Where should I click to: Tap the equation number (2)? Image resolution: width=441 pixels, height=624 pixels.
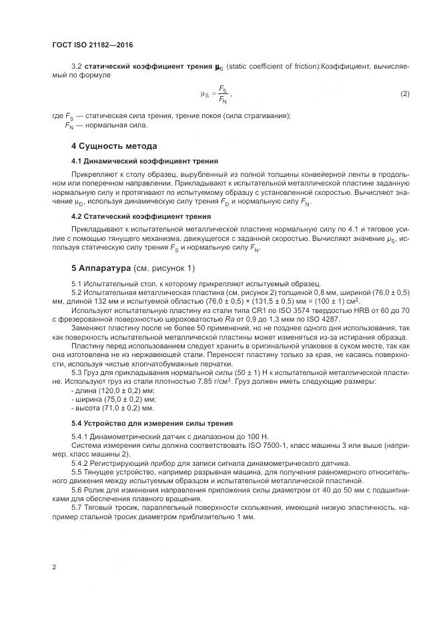pyautogui.click(x=404, y=93)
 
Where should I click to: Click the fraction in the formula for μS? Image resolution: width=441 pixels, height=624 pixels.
pyautogui.click(x=222, y=94)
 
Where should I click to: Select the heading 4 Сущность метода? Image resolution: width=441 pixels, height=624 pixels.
pyautogui.click(x=114, y=145)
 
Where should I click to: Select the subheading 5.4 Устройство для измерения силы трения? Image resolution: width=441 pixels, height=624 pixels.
pyautogui.click(x=152, y=422)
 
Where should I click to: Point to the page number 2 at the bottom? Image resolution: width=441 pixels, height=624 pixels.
pyautogui.click(x=53, y=567)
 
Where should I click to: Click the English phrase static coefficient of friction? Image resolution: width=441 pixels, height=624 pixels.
pyautogui.click(x=272, y=67)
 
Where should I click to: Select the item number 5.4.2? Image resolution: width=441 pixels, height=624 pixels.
pyautogui.click(x=81, y=462)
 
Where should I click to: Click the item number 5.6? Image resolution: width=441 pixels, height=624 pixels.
pyautogui.click(x=77, y=489)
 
